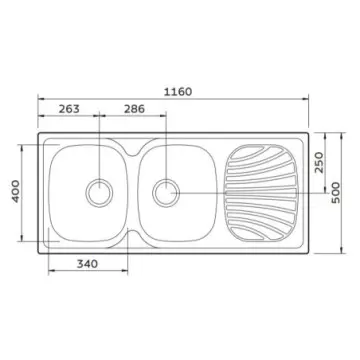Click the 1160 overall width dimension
[178, 92]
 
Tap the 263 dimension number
[69, 109]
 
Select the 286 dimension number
[135, 109]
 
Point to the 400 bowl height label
[16, 191]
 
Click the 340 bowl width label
[88, 264]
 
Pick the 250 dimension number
[319, 162]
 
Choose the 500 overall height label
[335, 192]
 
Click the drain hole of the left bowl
[99, 193]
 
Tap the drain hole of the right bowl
[166, 193]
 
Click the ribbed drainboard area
[261, 193]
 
